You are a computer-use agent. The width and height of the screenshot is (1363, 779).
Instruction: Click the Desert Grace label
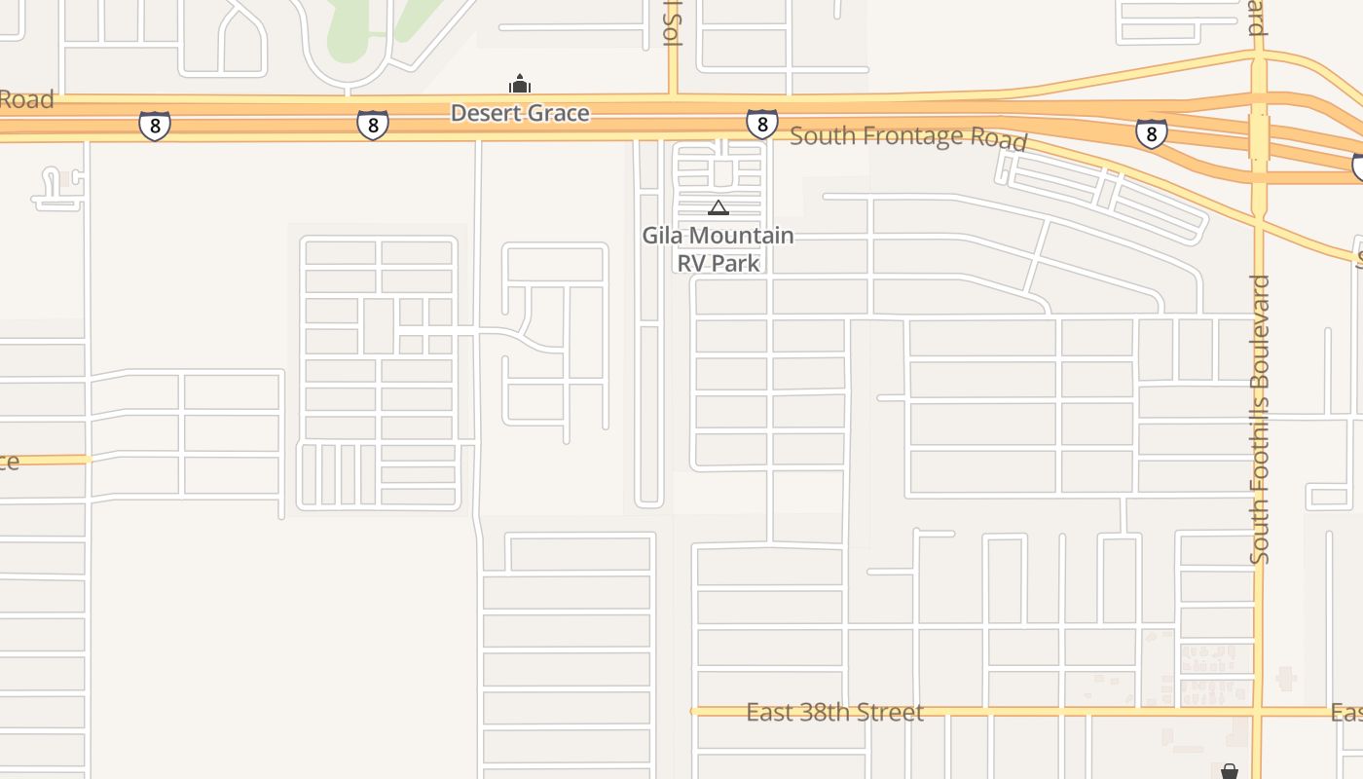pyautogui.click(x=520, y=113)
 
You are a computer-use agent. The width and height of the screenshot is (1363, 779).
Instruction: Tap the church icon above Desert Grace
pyautogui.click(x=520, y=84)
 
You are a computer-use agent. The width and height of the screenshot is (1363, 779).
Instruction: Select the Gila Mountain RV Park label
pyautogui.click(x=718, y=249)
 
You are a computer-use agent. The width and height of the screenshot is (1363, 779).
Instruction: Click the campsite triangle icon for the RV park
pyautogui.click(x=718, y=207)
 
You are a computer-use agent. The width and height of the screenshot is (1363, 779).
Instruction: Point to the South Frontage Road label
pyautogui.click(x=907, y=137)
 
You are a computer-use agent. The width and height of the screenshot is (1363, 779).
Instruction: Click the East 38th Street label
pyautogui.click(x=834, y=713)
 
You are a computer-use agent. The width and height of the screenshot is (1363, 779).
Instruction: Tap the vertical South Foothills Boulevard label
pyautogui.click(x=1260, y=419)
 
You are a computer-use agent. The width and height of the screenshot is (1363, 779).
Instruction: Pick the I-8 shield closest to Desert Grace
pyautogui.click(x=373, y=125)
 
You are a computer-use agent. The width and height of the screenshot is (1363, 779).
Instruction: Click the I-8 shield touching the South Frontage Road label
pyautogui.click(x=762, y=124)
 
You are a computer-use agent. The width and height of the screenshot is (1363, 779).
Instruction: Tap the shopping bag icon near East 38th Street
pyautogui.click(x=1230, y=771)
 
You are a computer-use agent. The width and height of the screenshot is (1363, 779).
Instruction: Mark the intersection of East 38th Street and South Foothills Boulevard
pyautogui.click(x=1259, y=711)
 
